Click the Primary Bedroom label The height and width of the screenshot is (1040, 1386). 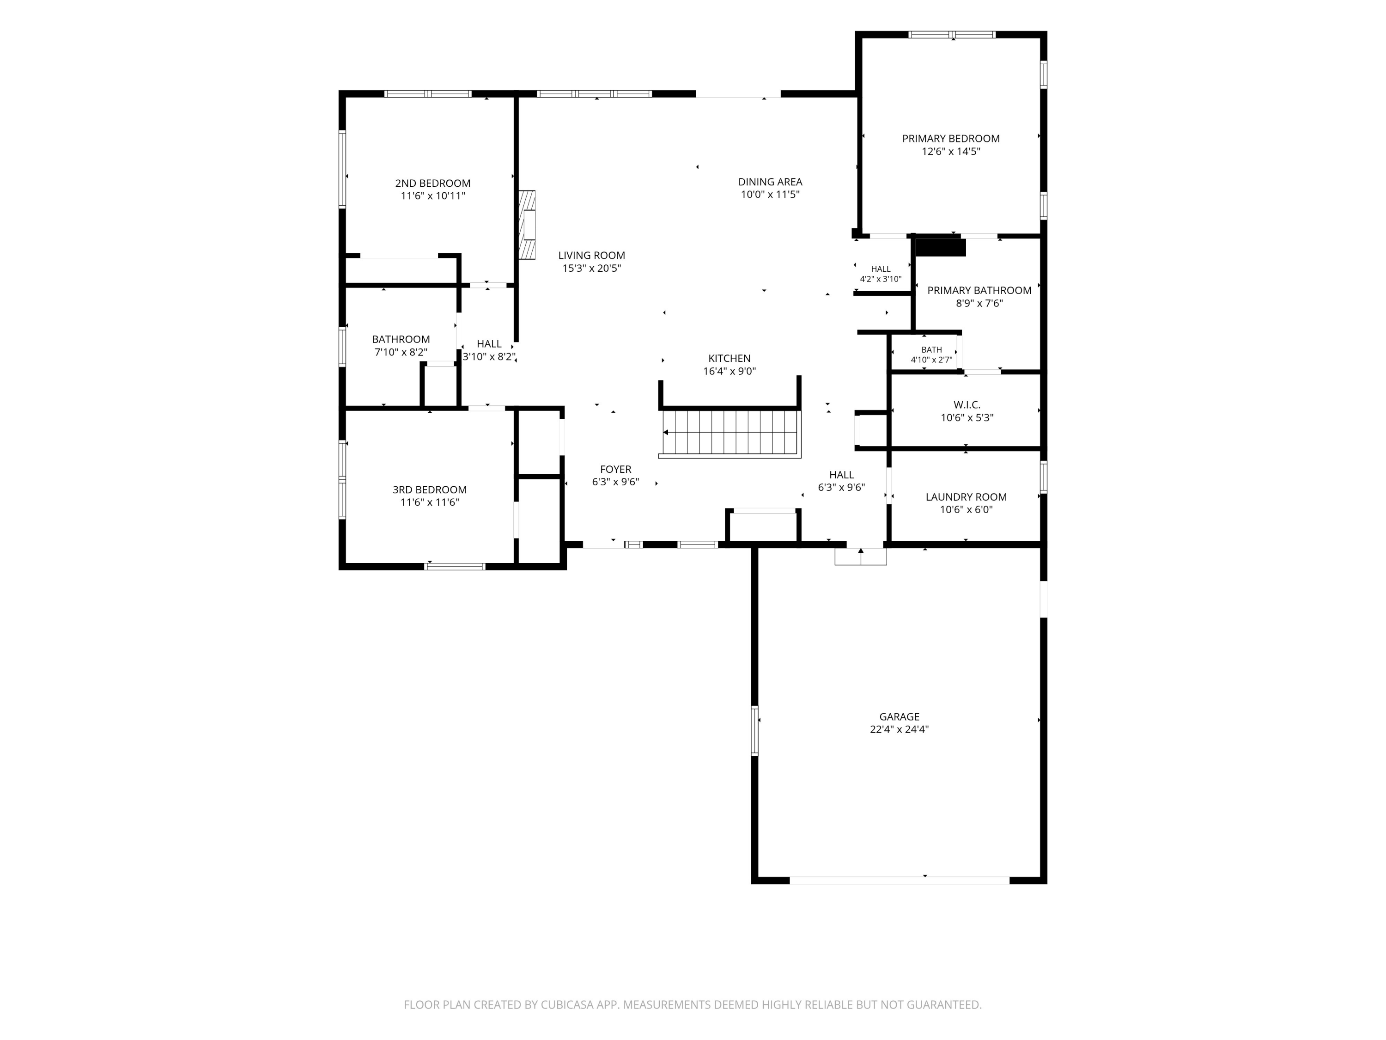(x=950, y=139)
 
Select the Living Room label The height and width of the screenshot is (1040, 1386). (x=591, y=255)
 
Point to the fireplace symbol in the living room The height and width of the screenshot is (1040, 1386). (x=527, y=225)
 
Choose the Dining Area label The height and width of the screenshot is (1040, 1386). (x=770, y=182)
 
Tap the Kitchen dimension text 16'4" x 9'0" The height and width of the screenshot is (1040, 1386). (x=729, y=371)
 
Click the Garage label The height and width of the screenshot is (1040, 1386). (x=899, y=716)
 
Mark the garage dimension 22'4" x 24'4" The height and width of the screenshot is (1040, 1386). (x=899, y=729)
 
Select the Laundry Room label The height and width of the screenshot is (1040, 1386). (x=966, y=497)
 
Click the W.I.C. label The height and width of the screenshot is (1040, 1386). (x=967, y=405)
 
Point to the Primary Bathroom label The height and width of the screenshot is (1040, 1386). (x=979, y=290)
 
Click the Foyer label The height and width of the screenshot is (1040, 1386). (x=615, y=469)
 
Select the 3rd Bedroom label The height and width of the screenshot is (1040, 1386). (x=430, y=489)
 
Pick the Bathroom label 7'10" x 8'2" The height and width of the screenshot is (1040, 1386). (x=401, y=345)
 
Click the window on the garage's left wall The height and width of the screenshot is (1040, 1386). (x=754, y=730)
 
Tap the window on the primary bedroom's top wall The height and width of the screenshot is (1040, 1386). (x=952, y=35)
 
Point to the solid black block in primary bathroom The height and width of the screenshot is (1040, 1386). (x=941, y=246)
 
